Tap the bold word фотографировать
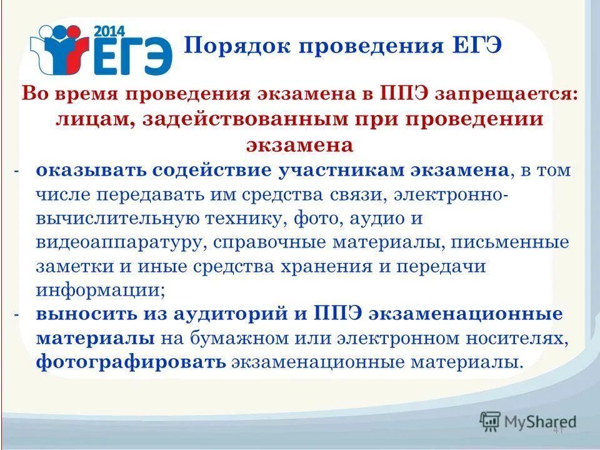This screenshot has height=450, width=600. pyautogui.click(x=131, y=362)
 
